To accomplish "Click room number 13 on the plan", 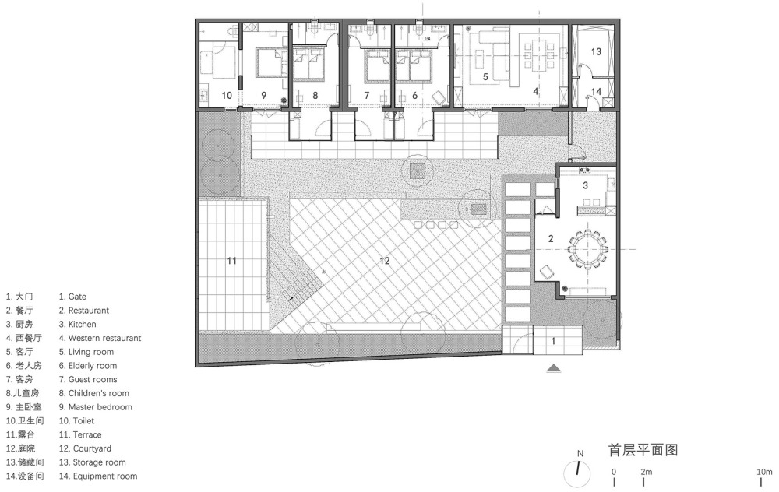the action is (x=596, y=51).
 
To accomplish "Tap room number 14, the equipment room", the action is (x=596, y=92).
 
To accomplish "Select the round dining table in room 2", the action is (x=588, y=249).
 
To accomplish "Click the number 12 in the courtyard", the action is (x=385, y=261).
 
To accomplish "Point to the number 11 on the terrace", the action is (x=232, y=261).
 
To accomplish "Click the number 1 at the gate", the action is (x=553, y=341).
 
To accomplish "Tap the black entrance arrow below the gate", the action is (x=553, y=368).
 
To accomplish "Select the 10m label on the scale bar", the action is (x=764, y=472).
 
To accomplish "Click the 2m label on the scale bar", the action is (x=647, y=472).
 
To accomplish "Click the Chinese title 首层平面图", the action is (x=643, y=450).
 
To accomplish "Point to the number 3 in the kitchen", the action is (x=585, y=185).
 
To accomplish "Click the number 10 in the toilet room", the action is (x=227, y=95).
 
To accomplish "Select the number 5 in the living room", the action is (x=485, y=77).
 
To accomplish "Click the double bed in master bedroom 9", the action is (x=271, y=62).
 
